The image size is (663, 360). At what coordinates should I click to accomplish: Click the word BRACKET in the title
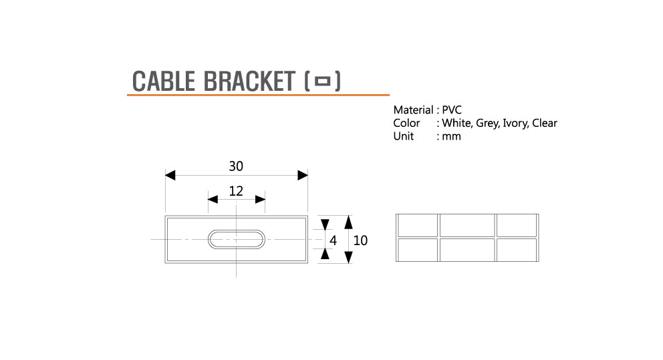click(x=247, y=81)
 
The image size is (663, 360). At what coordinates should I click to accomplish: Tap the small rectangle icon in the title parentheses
click(x=323, y=81)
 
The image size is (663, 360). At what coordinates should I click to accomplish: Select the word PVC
click(x=452, y=110)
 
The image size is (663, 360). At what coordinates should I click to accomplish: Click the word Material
click(x=413, y=110)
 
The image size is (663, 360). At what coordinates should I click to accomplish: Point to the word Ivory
click(x=515, y=123)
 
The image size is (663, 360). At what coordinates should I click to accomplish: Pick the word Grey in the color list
click(x=486, y=123)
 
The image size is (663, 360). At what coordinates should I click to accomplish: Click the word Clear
click(x=545, y=123)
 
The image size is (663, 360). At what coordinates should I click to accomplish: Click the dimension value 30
click(x=236, y=166)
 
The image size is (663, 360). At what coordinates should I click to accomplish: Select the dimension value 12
click(x=236, y=191)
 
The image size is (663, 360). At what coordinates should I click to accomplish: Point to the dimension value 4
click(x=333, y=240)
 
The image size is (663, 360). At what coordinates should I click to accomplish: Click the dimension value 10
click(x=360, y=240)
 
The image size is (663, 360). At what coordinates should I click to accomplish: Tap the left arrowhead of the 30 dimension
click(x=170, y=175)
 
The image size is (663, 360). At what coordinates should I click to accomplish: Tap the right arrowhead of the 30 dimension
click(x=303, y=175)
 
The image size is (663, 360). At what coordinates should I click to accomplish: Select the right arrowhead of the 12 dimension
click(x=261, y=199)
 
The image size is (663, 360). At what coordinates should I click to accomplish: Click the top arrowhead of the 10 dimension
click(x=348, y=221)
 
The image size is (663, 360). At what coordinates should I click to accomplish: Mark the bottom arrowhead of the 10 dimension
click(x=348, y=257)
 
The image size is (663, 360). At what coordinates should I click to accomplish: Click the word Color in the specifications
click(x=406, y=123)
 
